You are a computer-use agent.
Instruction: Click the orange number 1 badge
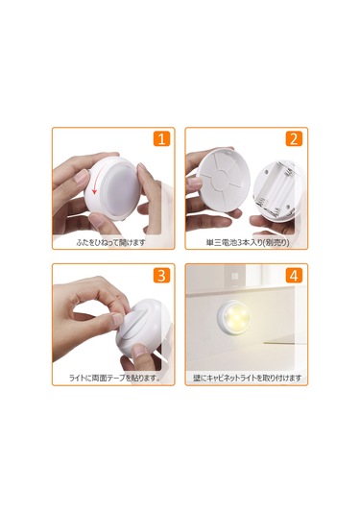pyautogui.click(x=162, y=138)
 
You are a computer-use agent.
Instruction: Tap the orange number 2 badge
pyautogui.click(x=294, y=138)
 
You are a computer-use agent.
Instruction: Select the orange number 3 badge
pyautogui.click(x=162, y=276)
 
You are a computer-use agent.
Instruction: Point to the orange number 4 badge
pyautogui.click(x=294, y=276)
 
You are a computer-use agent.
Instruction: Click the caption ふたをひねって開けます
pyautogui.click(x=110, y=242)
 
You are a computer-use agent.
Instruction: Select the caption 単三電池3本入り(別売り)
pyautogui.click(x=248, y=243)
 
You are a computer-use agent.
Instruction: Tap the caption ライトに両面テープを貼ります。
pyautogui.click(x=114, y=379)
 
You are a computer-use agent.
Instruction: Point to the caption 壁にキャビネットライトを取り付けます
pyautogui.click(x=247, y=379)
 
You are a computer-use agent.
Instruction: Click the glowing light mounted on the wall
pyautogui.click(x=234, y=317)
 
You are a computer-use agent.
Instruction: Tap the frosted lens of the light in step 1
pyautogui.click(x=121, y=189)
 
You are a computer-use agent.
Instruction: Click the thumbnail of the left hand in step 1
pyautogui.click(x=81, y=178)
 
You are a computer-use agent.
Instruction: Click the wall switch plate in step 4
pyautogui.click(x=235, y=276)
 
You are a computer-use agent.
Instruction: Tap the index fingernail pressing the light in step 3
pyautogui.click(x=117, y=320)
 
